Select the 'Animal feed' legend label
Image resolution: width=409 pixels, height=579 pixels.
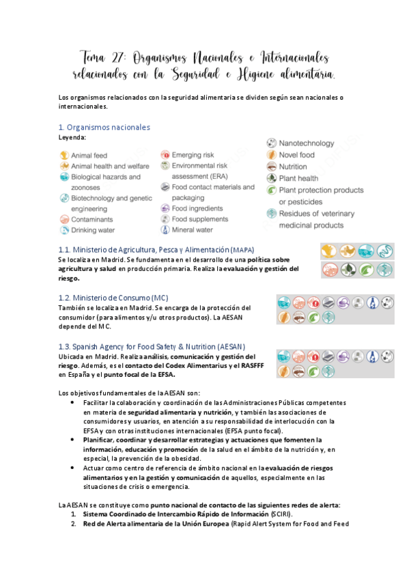click(89, 156)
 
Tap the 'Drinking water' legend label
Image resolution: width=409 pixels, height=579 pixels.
click(93, 231)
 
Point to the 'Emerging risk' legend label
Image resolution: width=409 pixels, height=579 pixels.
click(193, 156)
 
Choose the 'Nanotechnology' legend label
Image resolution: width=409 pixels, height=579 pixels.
click(307, 143)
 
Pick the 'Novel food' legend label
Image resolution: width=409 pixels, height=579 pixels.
click(297, 155)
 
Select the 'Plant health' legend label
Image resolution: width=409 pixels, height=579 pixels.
click(298, 179)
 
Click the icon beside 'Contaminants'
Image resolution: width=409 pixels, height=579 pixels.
click(64, 220)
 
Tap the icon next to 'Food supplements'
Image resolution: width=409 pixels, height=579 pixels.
click(165, 219)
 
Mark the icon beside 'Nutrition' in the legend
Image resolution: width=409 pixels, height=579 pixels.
click(272, 167)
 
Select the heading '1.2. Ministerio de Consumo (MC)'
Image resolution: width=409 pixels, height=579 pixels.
click(113, 298)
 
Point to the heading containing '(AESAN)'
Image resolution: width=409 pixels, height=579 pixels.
click(152, 346)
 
